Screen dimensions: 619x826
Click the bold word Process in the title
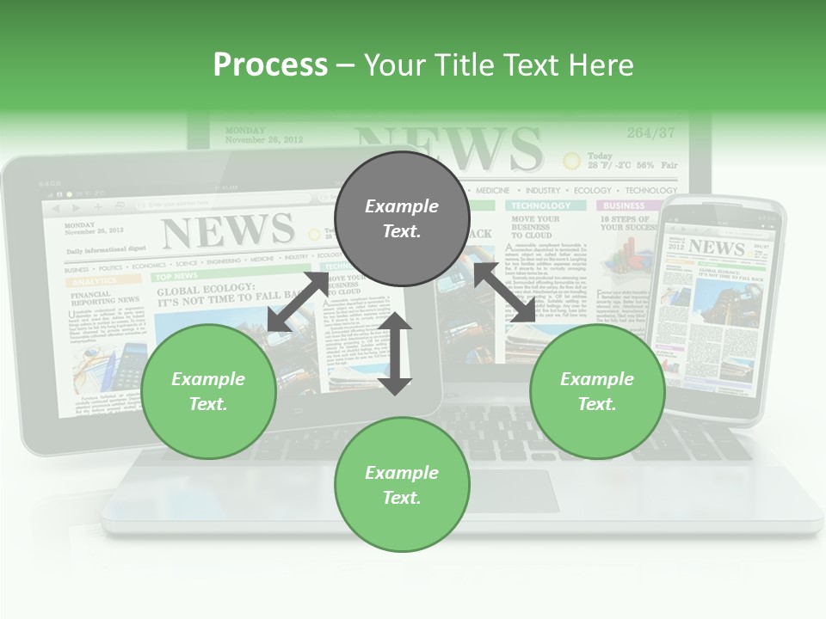[x=270, y=65]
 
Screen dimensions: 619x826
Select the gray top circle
[x=402, y=218]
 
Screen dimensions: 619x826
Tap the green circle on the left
[x=208, y=391]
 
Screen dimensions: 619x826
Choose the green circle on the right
[x=597, y=391]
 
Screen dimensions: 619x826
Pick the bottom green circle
[x=402, y=485]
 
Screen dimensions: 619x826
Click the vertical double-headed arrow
[x=396, y=353]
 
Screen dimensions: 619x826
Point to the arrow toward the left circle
[x=298, y=300]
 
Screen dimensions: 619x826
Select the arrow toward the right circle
[x=505, y=293]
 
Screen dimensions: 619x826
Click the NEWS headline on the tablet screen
[x=227, y=230]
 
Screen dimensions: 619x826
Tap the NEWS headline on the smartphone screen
[x=717, y=248]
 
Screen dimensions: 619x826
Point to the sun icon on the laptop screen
[x=571, y=160]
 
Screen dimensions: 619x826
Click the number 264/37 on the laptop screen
[x=650, y=132]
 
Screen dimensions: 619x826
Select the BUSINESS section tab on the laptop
[x=624, y=206]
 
